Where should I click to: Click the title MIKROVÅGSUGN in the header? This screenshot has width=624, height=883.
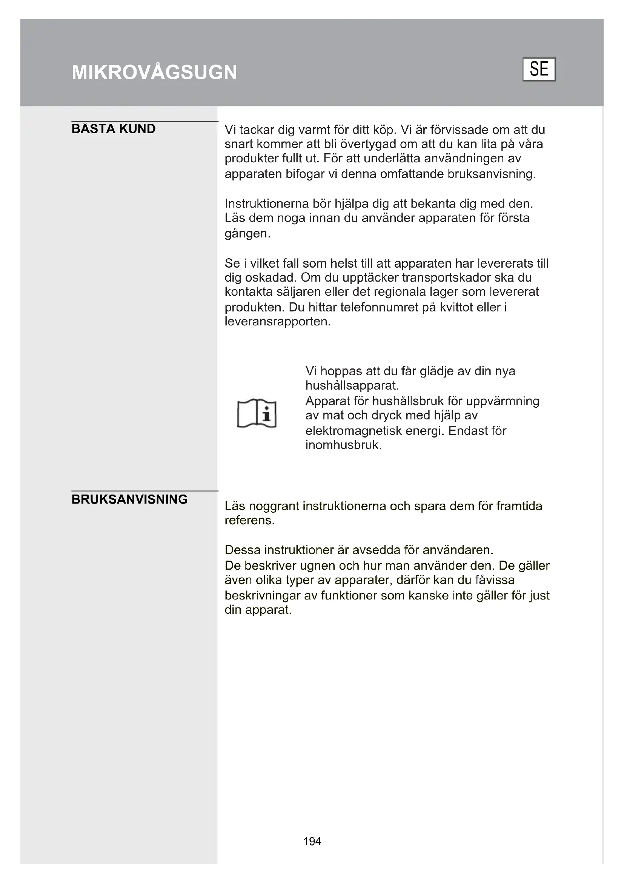(154, 72)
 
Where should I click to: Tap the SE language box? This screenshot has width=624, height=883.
(539, 69)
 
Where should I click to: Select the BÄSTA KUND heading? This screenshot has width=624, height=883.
(113, 129)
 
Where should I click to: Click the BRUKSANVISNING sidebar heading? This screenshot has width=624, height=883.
(129, 499)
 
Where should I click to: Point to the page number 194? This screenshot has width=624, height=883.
(312, 841)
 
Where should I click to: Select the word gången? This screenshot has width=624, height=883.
(247, 234)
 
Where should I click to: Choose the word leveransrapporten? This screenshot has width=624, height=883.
(277, 322)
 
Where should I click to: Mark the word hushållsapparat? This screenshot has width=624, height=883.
(352, 385)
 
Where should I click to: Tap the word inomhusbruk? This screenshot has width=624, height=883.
(343, 445)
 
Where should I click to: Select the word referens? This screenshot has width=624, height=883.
(249, 520)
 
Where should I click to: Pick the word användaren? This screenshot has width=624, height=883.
(458, 550)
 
